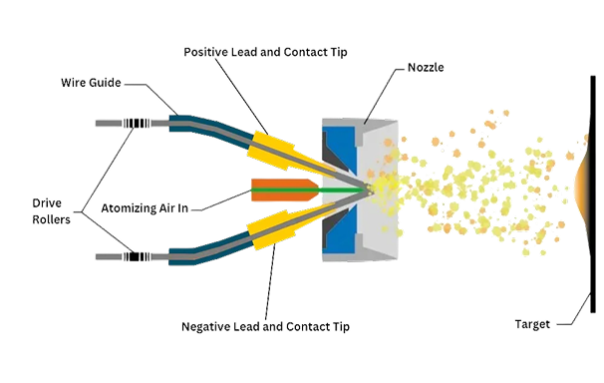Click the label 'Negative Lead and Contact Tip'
266,326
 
